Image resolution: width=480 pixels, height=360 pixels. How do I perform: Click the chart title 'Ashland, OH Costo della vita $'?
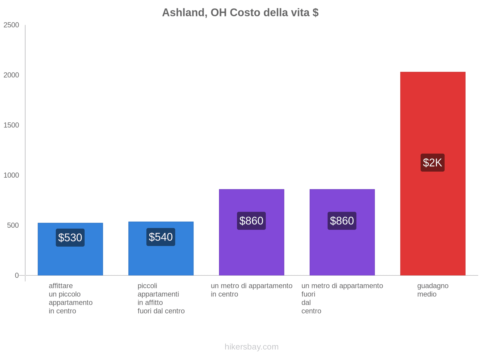[240, 13]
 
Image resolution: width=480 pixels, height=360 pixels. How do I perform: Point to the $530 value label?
[70, 238]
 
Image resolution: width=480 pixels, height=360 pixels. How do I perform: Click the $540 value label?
[161, 237]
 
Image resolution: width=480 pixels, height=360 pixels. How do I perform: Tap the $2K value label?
[432, 163]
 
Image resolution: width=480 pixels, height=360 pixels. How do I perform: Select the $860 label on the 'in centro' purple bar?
[251, 221]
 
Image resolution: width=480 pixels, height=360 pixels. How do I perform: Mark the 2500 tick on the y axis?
[11, 25]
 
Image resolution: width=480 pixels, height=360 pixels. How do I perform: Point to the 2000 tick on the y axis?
[11, 75]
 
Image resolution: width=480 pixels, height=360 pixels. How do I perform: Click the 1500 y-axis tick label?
[11, 125]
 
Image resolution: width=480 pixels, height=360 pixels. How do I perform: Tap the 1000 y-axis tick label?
[11, 175]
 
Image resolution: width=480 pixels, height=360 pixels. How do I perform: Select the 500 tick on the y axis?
[13, 226]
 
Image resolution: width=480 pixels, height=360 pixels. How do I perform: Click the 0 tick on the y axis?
[17, 275]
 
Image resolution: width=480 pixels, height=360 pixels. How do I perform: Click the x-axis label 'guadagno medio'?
[433, 290]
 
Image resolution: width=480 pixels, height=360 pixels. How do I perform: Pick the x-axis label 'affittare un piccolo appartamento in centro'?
[70, 298]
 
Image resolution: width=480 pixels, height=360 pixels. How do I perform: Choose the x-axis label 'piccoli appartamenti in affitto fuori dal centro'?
[161, 298]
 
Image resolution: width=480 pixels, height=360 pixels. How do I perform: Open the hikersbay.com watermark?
[251, 347]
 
